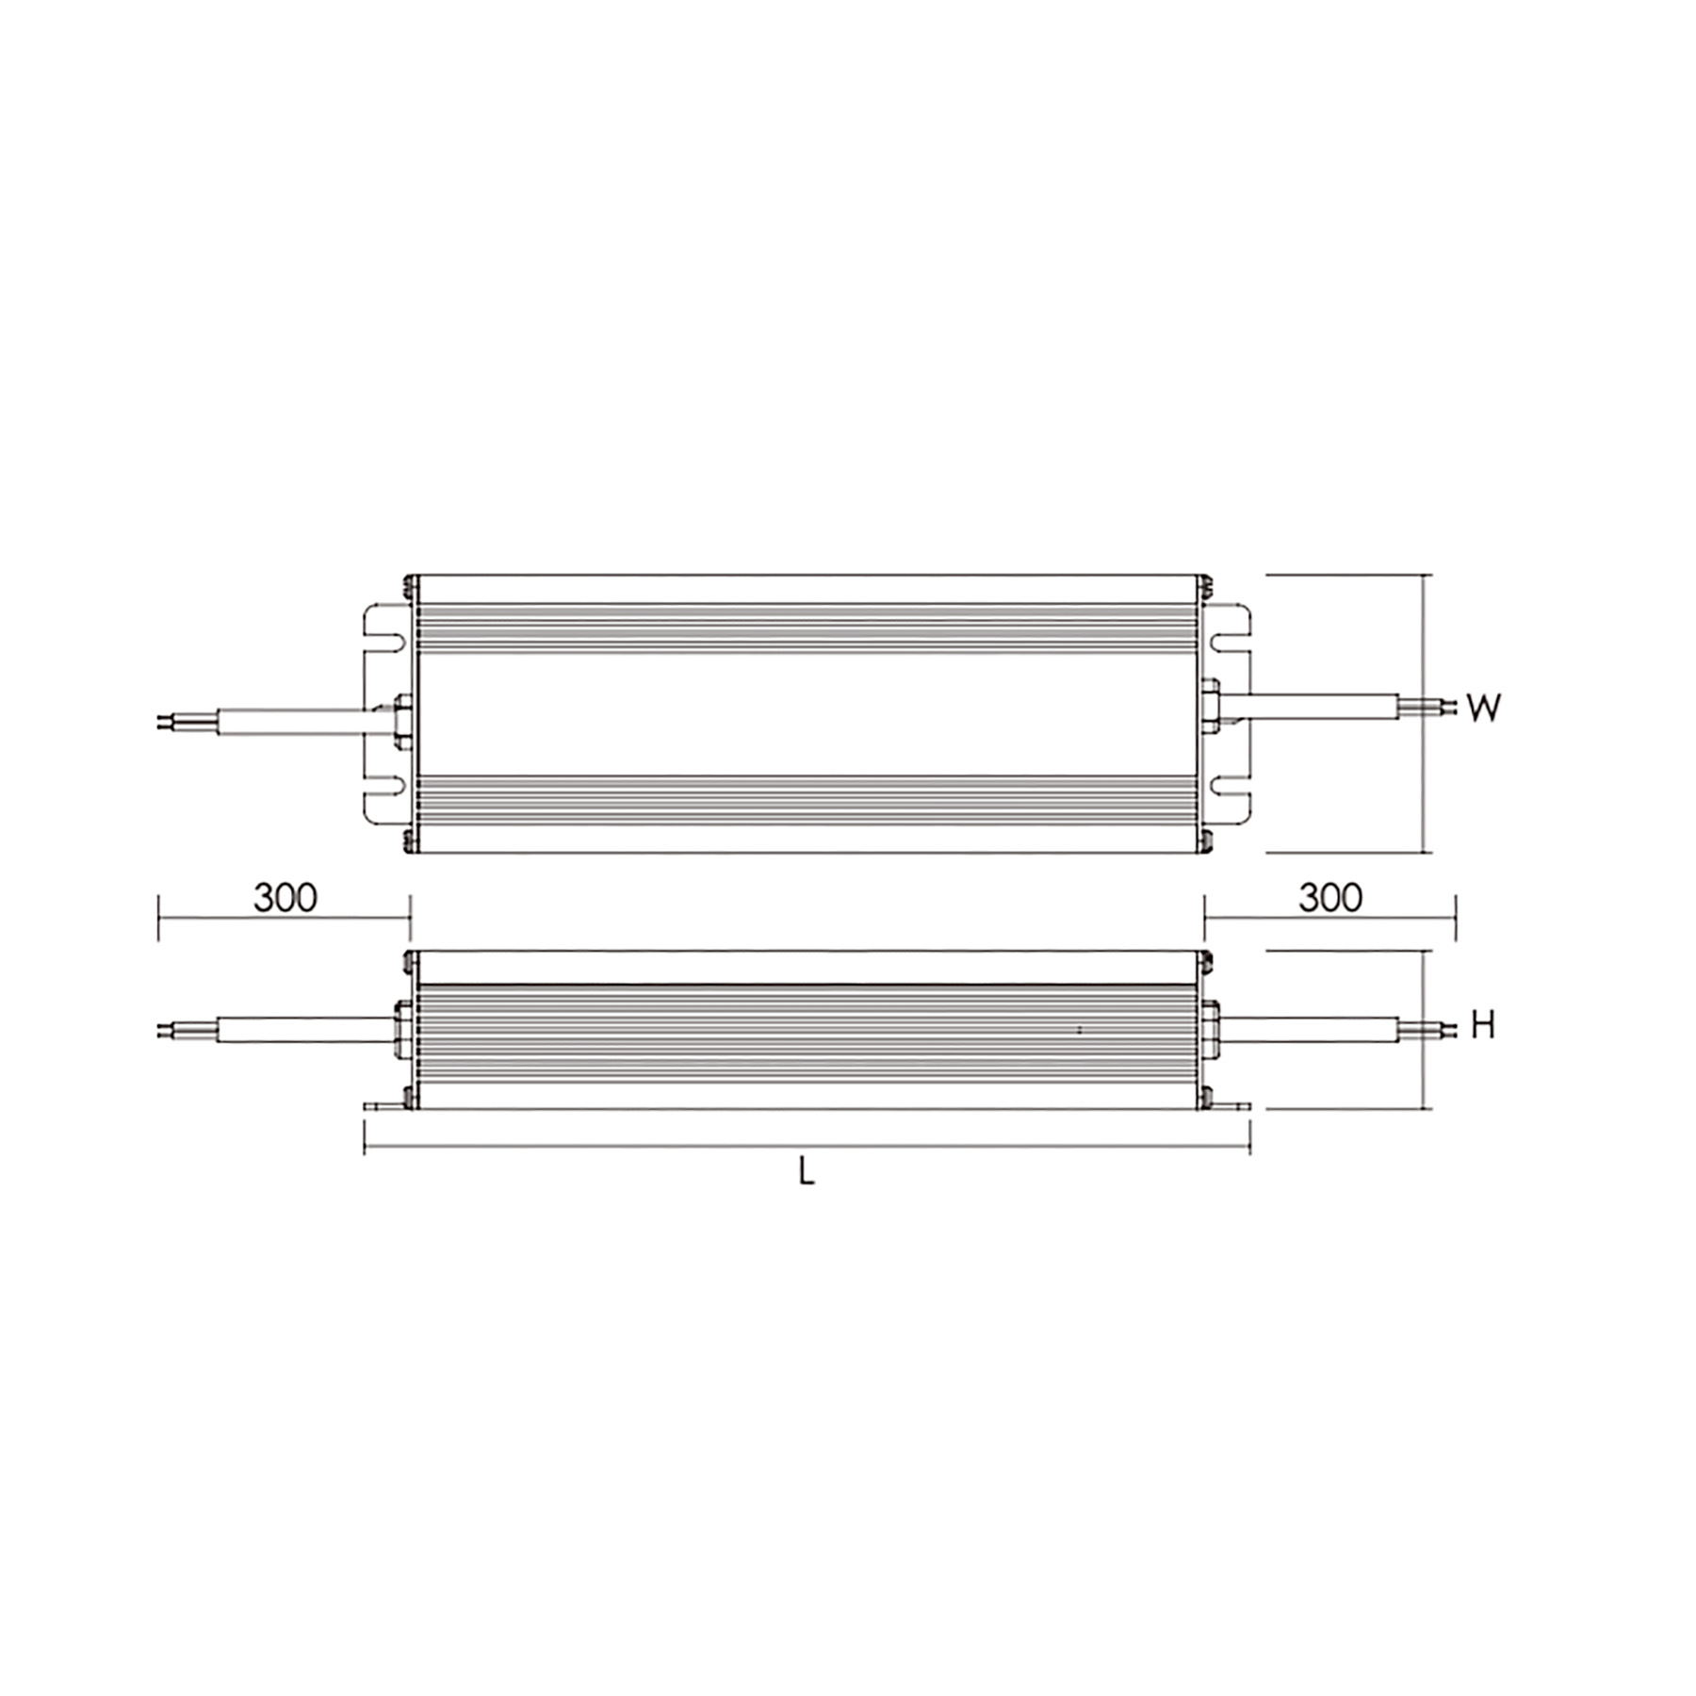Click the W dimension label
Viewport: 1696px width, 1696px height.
pyautogui.click(x=1483, y=708)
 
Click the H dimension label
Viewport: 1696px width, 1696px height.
pyautogui.click(x=1483, y=1025)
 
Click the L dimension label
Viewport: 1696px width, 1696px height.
pyautogui.click(x=806, y=1171)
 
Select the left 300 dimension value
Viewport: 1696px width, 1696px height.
pyautogui.click(x=285, y=898)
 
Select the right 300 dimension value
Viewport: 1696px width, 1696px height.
pyautogui.click(x=1330, y=898)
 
